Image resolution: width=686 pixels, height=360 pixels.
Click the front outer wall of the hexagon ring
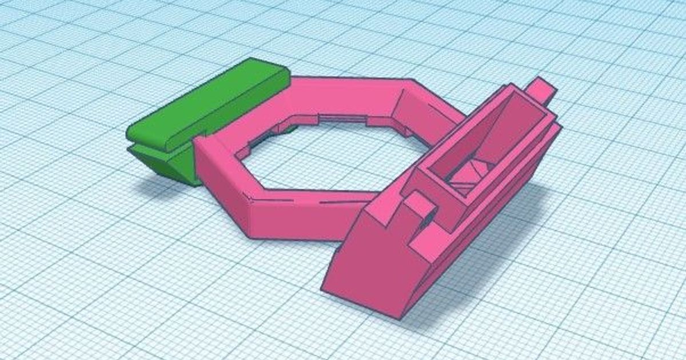click(297, 217)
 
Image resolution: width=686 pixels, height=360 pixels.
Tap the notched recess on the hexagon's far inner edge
click(343, 119)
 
